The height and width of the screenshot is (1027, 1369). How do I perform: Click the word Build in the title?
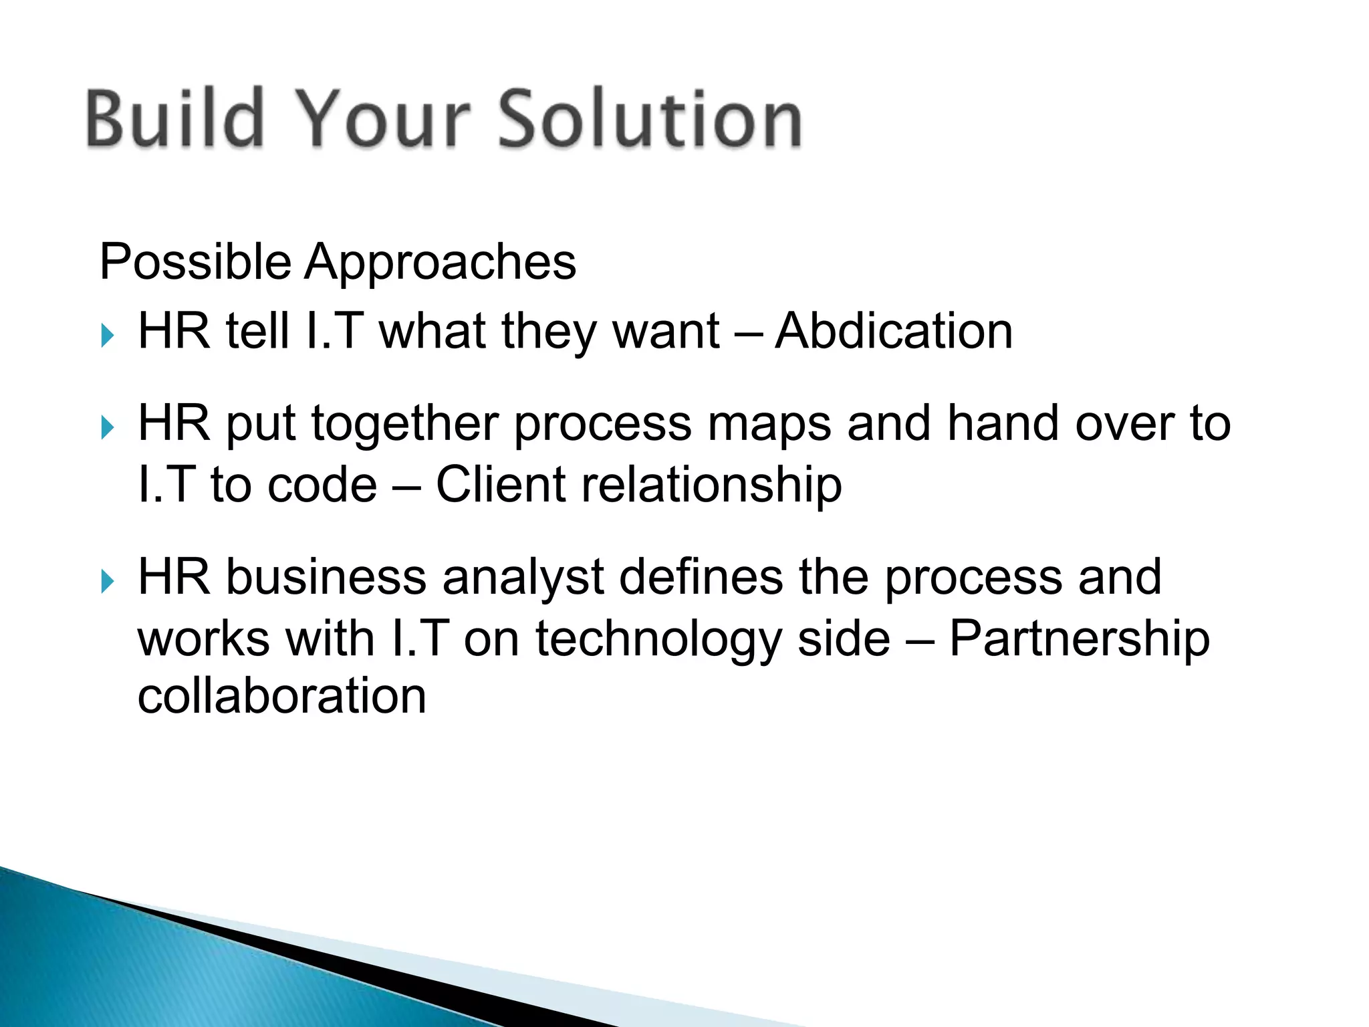[174, 118]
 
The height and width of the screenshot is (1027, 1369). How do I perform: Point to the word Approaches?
[441, 262]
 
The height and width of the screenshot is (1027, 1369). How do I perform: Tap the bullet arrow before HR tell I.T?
[108, 335]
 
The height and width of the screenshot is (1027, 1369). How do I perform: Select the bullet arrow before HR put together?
[108, 427]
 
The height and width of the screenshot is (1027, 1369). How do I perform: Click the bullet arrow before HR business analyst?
[108, 581]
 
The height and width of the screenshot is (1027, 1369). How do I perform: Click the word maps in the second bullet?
[769, 424]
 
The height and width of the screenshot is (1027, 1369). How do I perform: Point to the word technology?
[658, 639]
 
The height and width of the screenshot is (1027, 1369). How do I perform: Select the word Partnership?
[1079, 639]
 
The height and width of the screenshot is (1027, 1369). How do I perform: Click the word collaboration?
[281, 696]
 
